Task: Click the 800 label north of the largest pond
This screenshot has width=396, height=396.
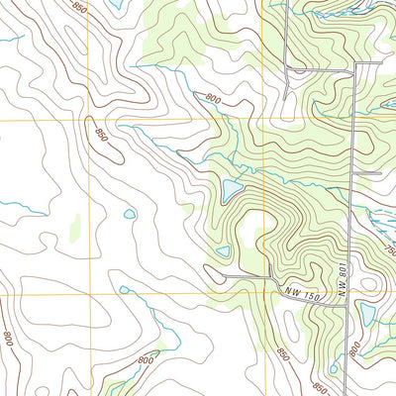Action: coord(213,98)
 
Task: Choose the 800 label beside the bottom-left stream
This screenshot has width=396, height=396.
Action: coord(147,358)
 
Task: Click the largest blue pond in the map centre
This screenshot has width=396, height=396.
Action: coord(233,188)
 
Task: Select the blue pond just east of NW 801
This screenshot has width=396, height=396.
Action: coord(367,314)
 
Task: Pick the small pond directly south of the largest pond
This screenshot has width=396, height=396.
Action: coord(224,251)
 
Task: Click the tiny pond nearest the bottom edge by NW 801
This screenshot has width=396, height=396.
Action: coord(334,368)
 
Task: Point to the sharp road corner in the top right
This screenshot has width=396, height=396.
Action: coord(355,66)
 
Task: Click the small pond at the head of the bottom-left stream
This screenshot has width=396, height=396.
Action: coord(124,290)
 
